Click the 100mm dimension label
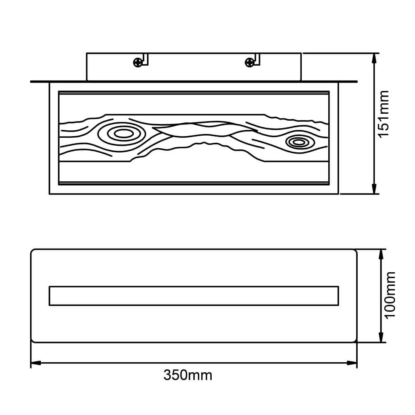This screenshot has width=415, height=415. [390, 295]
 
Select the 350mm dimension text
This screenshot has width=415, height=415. [188, 376]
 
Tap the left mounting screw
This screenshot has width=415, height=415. [137, 63]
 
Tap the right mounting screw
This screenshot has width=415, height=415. [249, 63]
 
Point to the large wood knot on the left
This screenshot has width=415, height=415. [121, 134]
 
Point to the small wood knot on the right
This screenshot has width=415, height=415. [298, 142]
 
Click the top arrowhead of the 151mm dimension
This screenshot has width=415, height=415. [374, 57]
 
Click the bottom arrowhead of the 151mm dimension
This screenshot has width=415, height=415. [374, 189]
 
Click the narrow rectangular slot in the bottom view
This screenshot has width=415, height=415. [194, 295]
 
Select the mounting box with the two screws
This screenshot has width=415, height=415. [193, 66]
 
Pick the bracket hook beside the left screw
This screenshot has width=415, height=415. [145, 59]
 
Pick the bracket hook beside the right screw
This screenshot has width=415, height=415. [257, 59]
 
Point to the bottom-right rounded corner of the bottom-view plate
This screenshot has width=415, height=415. [354, 339]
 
